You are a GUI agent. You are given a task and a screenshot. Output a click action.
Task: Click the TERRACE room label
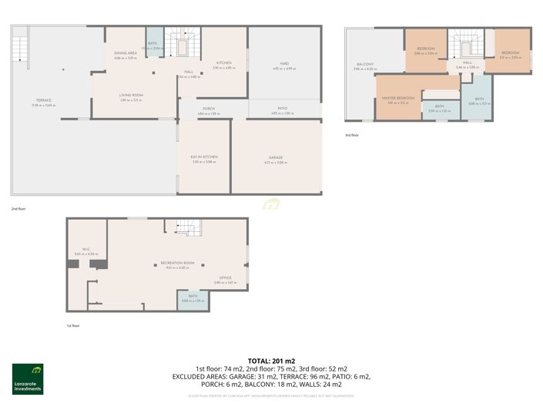42,100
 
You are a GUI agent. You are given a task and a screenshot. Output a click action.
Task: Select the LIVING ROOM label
132,95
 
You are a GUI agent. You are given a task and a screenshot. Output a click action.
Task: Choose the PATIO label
283,109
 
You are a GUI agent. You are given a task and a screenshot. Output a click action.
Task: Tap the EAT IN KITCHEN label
204,157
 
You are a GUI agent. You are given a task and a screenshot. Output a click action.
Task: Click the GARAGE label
276,157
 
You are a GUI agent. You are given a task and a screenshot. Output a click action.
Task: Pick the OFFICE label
225,278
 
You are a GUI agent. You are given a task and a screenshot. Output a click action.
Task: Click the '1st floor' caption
73,326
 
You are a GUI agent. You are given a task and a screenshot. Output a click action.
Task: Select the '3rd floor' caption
352,135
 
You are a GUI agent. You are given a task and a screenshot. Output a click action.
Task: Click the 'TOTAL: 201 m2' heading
271,361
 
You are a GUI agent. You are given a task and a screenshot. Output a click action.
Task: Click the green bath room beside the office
193,301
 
